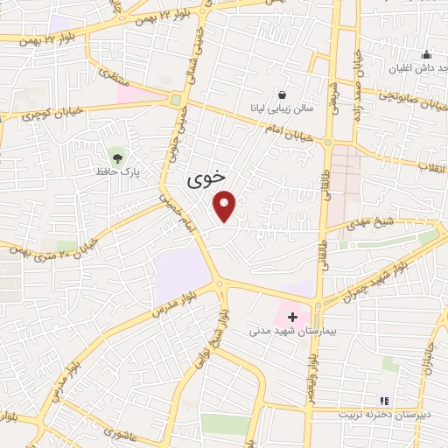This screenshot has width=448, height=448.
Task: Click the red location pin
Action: (225, 204)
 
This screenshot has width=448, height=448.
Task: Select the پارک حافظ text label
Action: (119, 172)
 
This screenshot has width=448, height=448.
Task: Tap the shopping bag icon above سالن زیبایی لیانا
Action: (282, 94)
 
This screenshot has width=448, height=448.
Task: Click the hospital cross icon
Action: (292, 316)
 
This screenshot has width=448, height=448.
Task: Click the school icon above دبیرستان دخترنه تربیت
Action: (384, 400)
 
